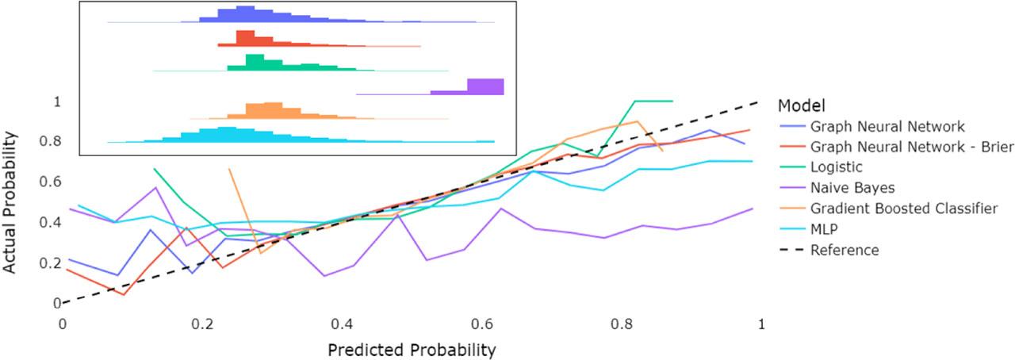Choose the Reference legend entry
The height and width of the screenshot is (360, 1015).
click(844, 250)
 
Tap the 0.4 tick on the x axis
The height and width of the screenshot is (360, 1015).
click(342, 324)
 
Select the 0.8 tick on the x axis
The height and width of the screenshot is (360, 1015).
click(622, 324)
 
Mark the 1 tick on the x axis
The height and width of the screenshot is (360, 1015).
click(761, 324)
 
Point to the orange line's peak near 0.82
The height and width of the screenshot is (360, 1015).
click(637, 121)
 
